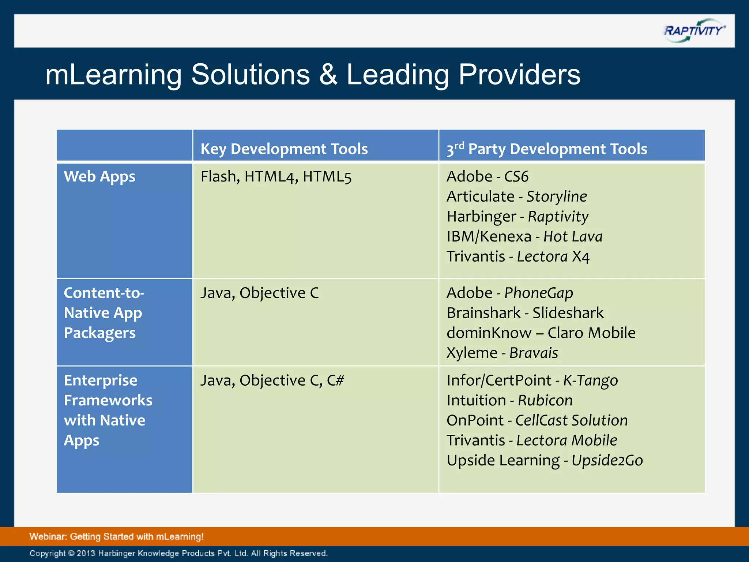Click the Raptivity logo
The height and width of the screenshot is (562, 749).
(x=694, y=31)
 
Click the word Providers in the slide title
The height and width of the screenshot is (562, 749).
(x=519, y=75)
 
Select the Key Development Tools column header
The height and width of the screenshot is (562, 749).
(x=284, y=149)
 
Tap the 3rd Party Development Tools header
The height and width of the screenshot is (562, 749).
(x=546, y=149)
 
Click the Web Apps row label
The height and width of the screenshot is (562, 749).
(x=99, y=176)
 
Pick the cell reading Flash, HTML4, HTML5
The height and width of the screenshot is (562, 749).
(x=276, y=176)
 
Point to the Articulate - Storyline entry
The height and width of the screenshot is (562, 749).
(x=516, y=196)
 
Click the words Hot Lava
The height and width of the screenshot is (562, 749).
(x=573, y=236)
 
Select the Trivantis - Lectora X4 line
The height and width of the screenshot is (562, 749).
(x=518, y=256)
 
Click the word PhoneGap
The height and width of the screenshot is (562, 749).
(x=538, y=293)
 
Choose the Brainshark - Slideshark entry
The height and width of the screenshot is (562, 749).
(x=525, y=313)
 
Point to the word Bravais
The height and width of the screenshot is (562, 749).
(x=534, y=353)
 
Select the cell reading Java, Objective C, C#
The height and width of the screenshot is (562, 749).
(x=272, y=380)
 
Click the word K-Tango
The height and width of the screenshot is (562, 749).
(x=590, y=380)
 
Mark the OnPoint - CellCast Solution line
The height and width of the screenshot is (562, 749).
(x=537, y=420)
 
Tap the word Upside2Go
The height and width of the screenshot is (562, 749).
(x=607, y=460)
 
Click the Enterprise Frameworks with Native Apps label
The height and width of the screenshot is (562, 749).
(x=108, y=410)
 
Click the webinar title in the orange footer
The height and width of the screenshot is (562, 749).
(x=116, y=536)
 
